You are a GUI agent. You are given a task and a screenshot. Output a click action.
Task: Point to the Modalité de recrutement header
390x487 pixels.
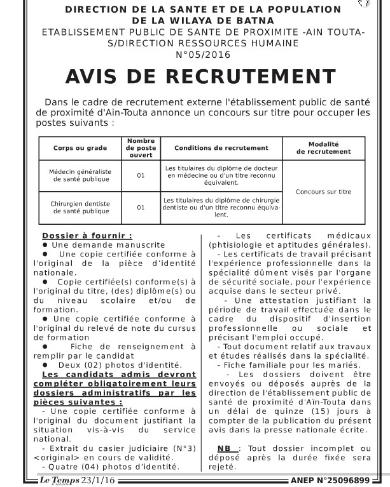pos(323,148)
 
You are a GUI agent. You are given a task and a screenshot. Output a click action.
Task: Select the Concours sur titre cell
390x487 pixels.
pos(323,191)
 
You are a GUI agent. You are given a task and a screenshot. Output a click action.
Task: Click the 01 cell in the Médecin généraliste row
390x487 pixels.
pos(141,175)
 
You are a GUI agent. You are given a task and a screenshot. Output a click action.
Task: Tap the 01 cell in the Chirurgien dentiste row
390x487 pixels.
pos(141,207)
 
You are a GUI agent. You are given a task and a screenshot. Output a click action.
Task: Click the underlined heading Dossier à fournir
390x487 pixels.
pos(87,236)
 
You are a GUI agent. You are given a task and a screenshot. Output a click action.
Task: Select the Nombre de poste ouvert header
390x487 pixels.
pos(141,148)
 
